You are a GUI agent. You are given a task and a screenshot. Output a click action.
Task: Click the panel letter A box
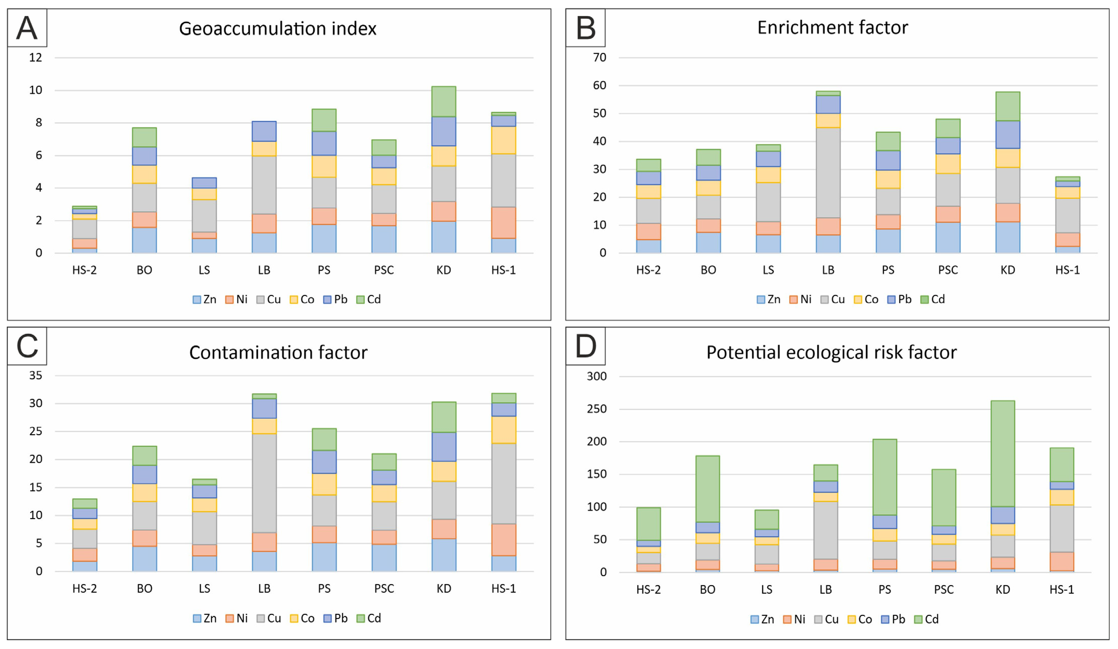pyautogui.click(x=27, y=28)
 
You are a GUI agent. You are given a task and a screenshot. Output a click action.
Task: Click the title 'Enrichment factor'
pyautogui.click(x=832, y=28)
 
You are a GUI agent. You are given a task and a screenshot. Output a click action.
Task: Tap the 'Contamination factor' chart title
pyautogui.click(x=278, y=352)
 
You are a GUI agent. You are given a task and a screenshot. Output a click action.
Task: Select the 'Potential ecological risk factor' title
pyautogui.click(x=831, y=352)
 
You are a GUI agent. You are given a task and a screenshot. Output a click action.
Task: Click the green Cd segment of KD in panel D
pyautogui.click(x=1003, y=453)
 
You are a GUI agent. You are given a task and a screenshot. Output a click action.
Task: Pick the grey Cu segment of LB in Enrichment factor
pyautogui.click(x=828, y=173)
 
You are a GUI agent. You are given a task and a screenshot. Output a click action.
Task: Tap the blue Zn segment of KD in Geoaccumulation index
pyautogui.click(x=444, y=237)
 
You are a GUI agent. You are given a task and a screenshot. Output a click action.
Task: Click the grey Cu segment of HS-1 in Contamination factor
pyautogui.click(x=504, y=483)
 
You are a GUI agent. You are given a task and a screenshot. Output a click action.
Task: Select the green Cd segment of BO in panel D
pyautogui.click(x=708, y=489)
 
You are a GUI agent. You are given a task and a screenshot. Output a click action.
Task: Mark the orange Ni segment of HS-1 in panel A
pyautogui.click(x=504, y=223)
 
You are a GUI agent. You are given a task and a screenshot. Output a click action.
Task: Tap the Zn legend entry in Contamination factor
pyautogui.click(x=205, y=618)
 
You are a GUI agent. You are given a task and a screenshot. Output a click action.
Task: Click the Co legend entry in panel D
pyautogui.click(x=860, y=619)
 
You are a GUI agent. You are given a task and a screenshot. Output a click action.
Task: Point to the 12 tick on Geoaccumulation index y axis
pyautogui.click(x=35, y=58)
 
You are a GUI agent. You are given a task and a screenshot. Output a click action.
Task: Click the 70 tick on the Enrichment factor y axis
pyautogui.click(x=599, y=58)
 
